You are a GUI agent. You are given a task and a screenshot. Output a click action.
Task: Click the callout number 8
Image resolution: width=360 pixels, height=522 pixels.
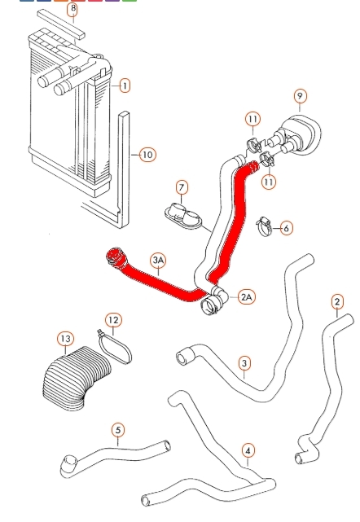72,9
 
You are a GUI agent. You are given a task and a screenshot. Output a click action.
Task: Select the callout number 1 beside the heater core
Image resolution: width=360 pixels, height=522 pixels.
125,86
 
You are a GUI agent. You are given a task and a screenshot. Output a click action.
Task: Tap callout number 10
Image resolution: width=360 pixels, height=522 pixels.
147,155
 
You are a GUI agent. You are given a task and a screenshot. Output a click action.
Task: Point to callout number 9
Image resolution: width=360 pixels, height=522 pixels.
300,96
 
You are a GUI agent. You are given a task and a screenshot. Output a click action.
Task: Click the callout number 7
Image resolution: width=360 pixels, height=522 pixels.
182,187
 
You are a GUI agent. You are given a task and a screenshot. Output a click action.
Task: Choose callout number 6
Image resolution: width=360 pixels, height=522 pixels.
287,228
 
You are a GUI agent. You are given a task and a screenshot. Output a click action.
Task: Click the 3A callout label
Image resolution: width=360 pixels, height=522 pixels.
158,260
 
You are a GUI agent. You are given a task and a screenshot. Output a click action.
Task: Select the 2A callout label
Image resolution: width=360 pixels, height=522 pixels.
247,296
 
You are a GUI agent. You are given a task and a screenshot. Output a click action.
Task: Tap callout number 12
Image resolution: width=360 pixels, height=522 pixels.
113,320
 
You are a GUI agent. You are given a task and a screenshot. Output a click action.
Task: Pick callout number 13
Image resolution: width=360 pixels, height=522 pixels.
66,339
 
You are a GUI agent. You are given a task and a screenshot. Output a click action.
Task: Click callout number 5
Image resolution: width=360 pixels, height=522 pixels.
118,430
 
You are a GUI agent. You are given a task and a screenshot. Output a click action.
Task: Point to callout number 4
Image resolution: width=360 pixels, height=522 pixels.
248,451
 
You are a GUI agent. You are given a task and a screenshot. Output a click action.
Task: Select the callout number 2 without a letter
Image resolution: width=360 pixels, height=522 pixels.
337,301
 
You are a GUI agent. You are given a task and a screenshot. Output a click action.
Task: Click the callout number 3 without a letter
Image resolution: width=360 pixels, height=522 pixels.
244,363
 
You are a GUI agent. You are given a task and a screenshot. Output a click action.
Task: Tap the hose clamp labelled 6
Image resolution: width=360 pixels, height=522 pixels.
264,227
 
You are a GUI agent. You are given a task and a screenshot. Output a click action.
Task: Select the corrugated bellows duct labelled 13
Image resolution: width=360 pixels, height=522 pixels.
77,378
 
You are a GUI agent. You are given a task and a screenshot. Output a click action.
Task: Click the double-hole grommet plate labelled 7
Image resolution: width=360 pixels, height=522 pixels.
183,217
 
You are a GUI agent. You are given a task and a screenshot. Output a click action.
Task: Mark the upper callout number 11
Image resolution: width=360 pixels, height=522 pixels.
252,119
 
